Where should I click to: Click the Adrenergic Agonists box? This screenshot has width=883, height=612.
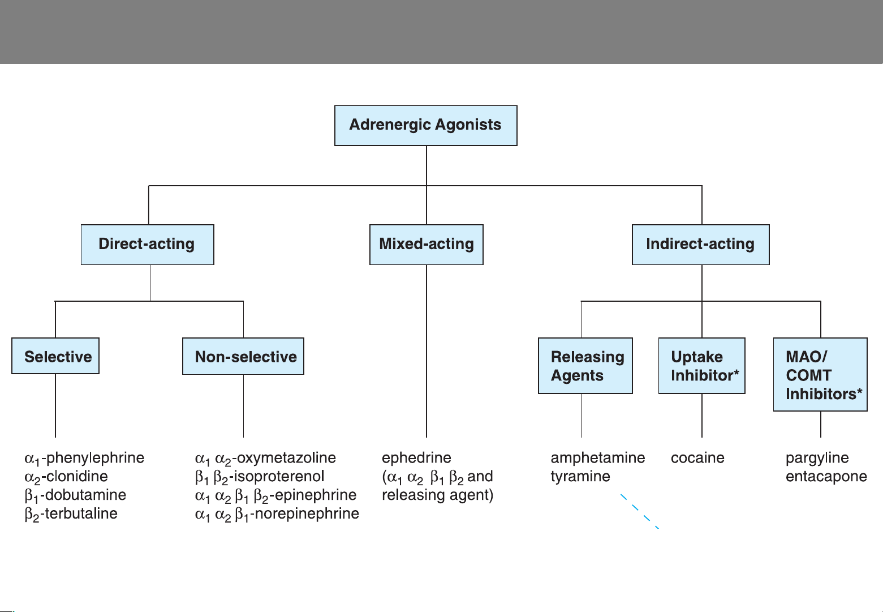[x=426, y=126]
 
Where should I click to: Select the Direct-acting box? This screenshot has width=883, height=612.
[x=148, y=245]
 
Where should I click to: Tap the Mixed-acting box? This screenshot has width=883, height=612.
[x=427, y=245]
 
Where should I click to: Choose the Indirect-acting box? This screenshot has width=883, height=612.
[x=700, y=245]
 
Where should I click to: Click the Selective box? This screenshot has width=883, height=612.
[x=55, y=356]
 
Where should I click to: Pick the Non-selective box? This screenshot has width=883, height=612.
[x=243, y=356]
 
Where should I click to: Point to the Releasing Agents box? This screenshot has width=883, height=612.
[x=585, y=365]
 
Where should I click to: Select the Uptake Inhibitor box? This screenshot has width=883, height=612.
[x=701, y=365]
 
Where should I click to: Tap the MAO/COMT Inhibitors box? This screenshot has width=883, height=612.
[x=820, y=374]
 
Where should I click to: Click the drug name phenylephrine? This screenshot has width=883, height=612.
[x=96, y=458]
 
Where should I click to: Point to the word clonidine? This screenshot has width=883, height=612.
[x=77, y=476]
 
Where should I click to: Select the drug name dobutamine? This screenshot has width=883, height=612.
[x=85, y=495]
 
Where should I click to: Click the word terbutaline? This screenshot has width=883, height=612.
[x=81, y=513]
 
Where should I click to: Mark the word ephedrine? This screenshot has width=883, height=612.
[x=417, y=458]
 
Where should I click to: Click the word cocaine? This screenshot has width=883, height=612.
[x=697, y=458]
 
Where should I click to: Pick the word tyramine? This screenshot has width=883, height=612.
[x=580, y=477]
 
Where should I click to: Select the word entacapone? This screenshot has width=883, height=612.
[x=826, y=477]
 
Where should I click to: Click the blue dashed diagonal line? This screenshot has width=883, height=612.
[x=639, y=511]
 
